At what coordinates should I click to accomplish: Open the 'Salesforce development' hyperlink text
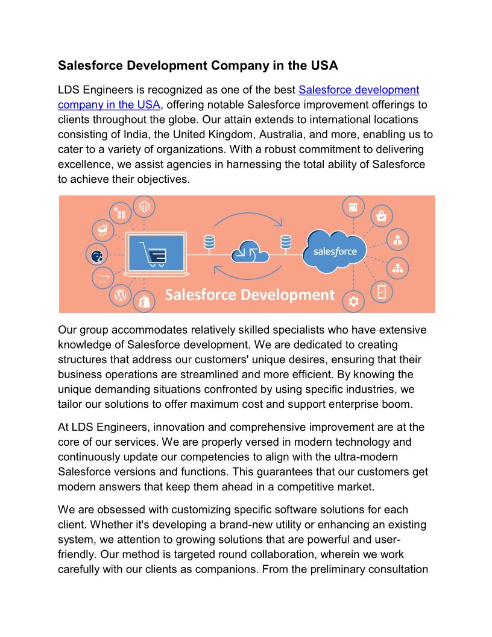click(359, 90)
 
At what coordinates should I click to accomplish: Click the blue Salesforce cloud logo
click(335, 251)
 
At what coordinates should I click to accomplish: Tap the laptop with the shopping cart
click(155, 252)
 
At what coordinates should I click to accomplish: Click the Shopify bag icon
click(144, 301)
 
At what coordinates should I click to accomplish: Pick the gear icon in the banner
click(353, 301)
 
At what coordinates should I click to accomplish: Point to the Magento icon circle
click(144, 208)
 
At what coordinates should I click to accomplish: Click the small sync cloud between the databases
click(248, 251)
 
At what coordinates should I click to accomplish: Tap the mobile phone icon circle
click(382, 291)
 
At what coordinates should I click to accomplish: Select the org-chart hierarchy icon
click(397, 266)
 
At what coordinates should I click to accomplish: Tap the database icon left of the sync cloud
click(209, 242)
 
